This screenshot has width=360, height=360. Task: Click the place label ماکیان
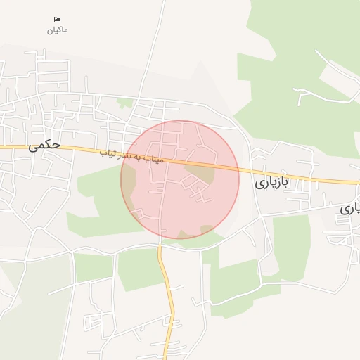click(58, 30)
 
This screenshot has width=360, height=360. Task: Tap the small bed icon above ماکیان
click(58, 19)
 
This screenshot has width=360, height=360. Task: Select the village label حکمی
click(44, 146)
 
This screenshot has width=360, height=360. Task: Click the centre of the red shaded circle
click(180, 179)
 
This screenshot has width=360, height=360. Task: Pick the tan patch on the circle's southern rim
click(207, 230)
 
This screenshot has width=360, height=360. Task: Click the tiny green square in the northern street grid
click(125, 103)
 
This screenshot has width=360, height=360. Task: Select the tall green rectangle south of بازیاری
click(291, 246)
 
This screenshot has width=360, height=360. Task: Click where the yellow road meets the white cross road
click(160, 247)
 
